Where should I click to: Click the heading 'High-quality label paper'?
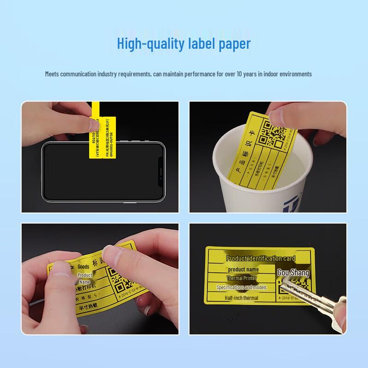(184, 44)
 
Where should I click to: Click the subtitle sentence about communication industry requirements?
(178, 74)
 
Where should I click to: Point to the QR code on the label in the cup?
(276, 133)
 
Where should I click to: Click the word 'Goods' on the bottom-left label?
(83, 266)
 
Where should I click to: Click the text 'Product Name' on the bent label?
(85, 278)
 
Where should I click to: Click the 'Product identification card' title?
(261, 259)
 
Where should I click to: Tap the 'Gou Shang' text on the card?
(293, 273)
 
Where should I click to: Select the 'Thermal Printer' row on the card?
(241, 278)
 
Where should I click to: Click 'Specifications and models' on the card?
(241, 287)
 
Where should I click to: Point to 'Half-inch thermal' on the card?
(241, 298)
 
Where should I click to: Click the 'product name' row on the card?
(243, 269)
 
